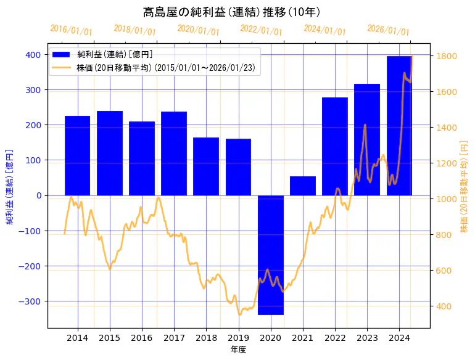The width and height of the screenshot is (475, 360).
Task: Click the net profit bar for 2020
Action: tap(271, 255)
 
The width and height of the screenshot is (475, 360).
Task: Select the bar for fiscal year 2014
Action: tap(78, 155)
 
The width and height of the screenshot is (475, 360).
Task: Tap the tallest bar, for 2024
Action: tap(400, 126)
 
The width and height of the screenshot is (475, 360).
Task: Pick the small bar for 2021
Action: tap(303, 186)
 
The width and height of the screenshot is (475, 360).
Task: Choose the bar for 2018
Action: tap(206, 166)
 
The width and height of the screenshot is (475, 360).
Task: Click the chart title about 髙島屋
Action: tap(231, 12)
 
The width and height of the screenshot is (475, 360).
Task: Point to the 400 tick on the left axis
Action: tap(33, 55)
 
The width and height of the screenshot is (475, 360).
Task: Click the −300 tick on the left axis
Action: tap(30, 301)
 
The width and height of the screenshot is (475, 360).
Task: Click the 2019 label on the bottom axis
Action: tap(238, 338)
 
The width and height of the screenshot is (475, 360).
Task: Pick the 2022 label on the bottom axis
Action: tap(335, 338)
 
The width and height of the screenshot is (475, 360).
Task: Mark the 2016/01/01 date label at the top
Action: tap(72, 30)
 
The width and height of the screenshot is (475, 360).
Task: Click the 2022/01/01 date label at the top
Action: tap(262, 30)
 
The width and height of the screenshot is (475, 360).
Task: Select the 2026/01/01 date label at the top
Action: tap(389, 30)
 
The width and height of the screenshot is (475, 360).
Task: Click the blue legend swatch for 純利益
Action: tap(62, 54)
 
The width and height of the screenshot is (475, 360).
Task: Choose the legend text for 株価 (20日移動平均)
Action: tap(166, 67)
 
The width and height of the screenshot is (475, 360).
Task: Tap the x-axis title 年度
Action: tap(239, 350)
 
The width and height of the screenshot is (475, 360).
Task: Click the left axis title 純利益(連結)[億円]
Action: tap(10, 186)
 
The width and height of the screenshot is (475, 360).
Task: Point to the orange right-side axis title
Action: tap(464, 186)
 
